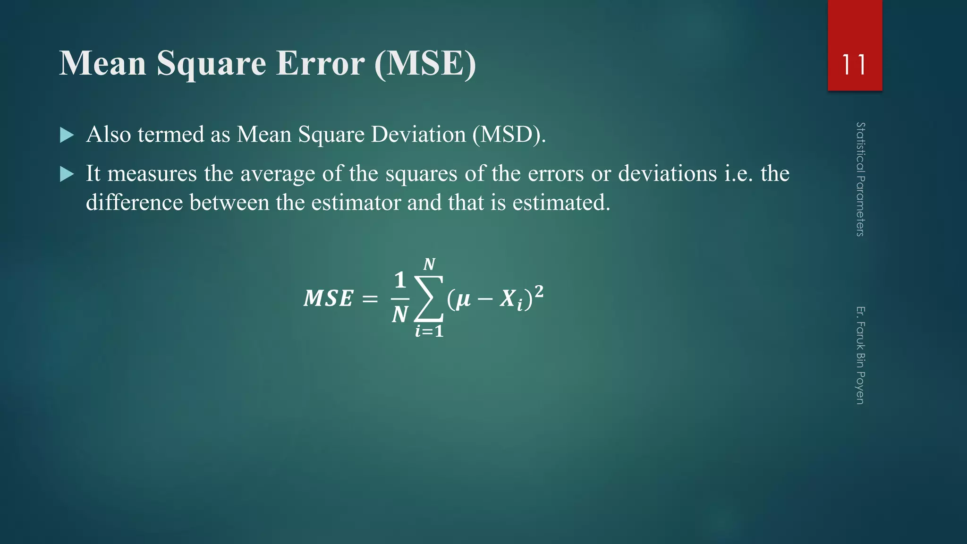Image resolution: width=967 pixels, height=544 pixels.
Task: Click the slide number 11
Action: pos(854,65)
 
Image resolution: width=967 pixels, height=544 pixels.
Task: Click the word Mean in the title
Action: pos(102,63)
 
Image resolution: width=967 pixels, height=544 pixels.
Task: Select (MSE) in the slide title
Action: pos(425,63)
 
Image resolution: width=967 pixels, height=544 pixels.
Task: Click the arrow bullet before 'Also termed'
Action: pos(67,136)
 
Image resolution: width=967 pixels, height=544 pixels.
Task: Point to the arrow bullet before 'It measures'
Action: pos(67,175)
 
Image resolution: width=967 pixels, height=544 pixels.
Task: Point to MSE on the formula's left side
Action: pos(328,298)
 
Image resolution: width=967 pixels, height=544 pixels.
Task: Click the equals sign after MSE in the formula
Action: pos(370,299)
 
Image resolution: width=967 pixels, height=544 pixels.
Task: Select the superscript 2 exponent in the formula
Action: pos(538,291)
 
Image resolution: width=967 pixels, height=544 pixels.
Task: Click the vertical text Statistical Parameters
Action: pos(860,179)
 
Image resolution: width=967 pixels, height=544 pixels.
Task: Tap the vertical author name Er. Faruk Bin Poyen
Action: pos(860,355)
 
